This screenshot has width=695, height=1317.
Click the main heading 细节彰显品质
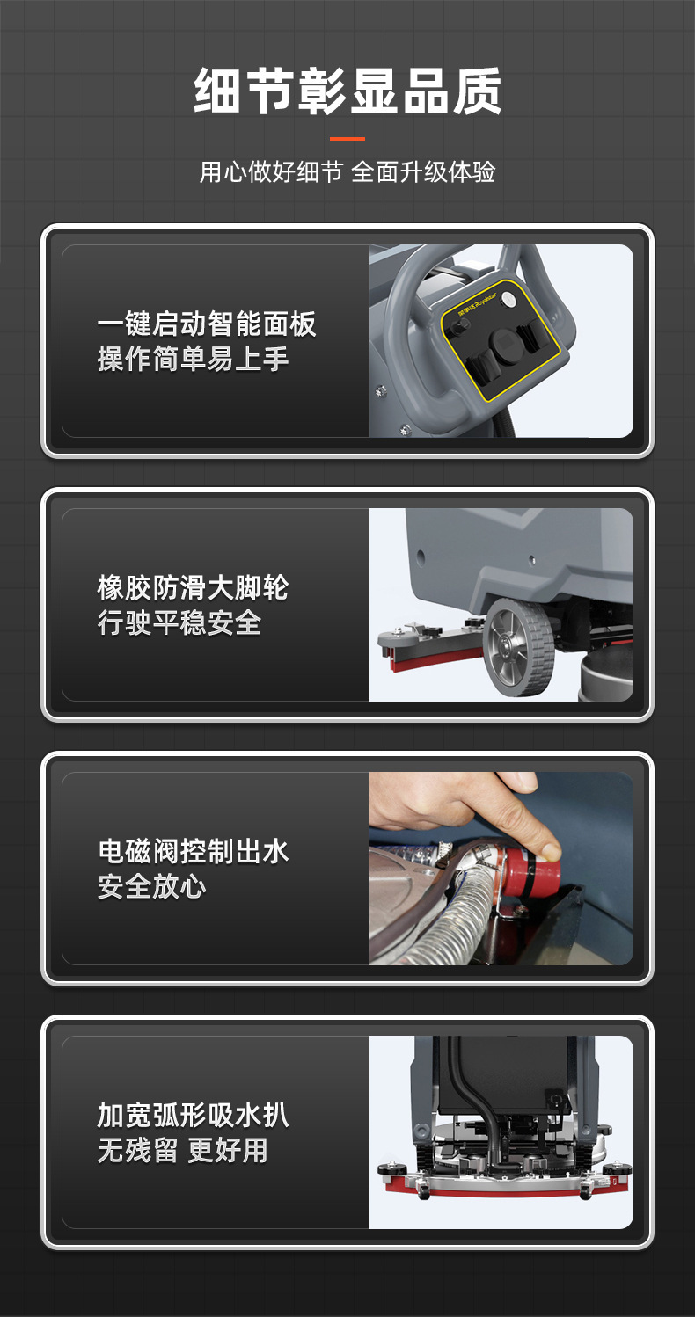point(347,91)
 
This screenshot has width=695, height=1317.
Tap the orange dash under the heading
point(347,139)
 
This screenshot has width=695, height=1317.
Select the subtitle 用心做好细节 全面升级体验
point(347,172)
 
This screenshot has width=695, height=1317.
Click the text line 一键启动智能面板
point(207,324)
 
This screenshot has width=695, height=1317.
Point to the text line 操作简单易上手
point(193,359)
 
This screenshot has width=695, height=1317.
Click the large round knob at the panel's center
point(505,343)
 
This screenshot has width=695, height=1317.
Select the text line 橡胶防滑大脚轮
point(193,587)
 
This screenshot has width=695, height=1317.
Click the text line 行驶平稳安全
point(179,622)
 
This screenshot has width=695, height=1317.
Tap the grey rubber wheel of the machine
point(519,647)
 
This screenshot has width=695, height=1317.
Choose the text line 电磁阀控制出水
point(193,851)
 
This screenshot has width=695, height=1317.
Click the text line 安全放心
point(152,886)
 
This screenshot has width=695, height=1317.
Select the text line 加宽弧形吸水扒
point(193,1116)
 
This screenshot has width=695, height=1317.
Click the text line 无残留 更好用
point(182,1151)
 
